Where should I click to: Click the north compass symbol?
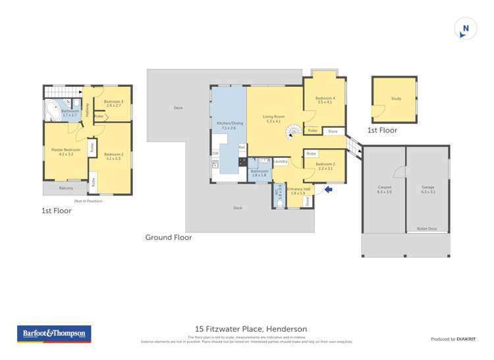(x=466, y=28)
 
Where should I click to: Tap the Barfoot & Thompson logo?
(x=53, y=334)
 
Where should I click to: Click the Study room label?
(x=396, y=99)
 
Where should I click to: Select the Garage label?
(x=427, y=189)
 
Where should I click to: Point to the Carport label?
(x=385, y=189)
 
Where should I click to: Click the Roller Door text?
(x=427, y=228)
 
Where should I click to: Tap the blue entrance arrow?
(x=329, y=190)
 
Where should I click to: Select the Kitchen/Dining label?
(x=227, y=126)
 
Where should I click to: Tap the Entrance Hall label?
(x=298, y=191)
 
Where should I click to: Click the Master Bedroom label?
(x=66, y=151)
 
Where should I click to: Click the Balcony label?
(x=66, y=188)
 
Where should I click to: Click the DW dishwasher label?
(x=215, y=154)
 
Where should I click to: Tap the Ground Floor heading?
(x=169, y=238)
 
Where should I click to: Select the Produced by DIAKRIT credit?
(x=453, y=339)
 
